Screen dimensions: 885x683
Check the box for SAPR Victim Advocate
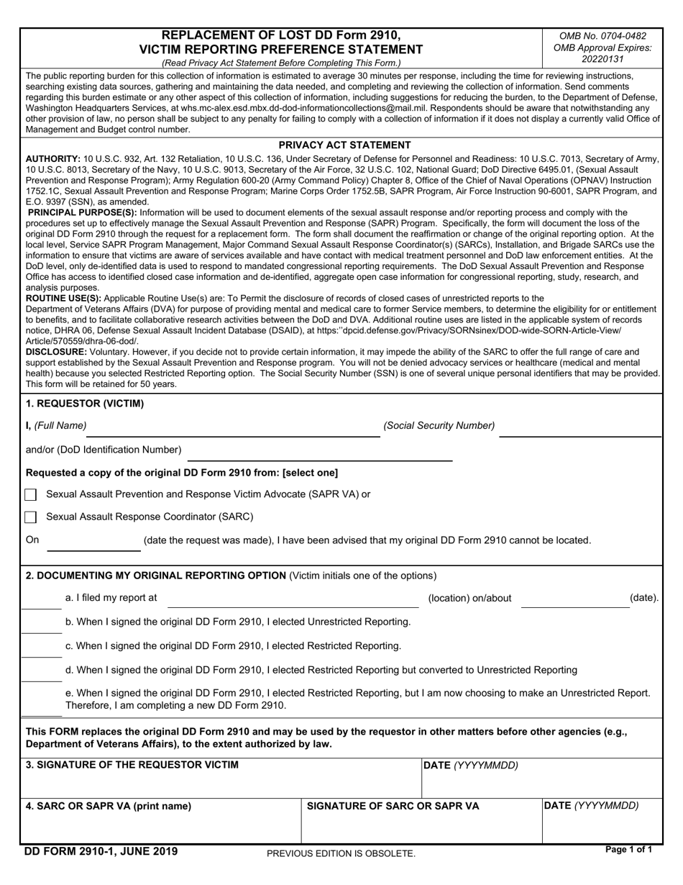pos(30,495)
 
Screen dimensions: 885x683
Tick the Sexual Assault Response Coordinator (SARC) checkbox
pos(30,517)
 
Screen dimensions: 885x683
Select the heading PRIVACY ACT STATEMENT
pos(345,145)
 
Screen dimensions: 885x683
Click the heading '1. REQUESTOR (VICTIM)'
pos(85,404)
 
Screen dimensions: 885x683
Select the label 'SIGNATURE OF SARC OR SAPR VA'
pos(393,807)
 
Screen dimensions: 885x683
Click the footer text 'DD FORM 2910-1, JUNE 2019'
pos(101,852)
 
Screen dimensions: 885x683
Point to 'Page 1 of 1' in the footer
pos(629,850)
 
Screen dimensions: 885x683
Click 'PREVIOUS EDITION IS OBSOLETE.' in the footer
pos(341,853)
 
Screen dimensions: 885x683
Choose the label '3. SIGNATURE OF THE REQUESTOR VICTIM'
pos(132,765)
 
